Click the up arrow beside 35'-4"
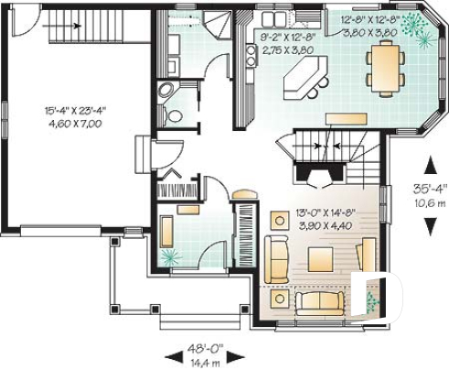tap(426, 165)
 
